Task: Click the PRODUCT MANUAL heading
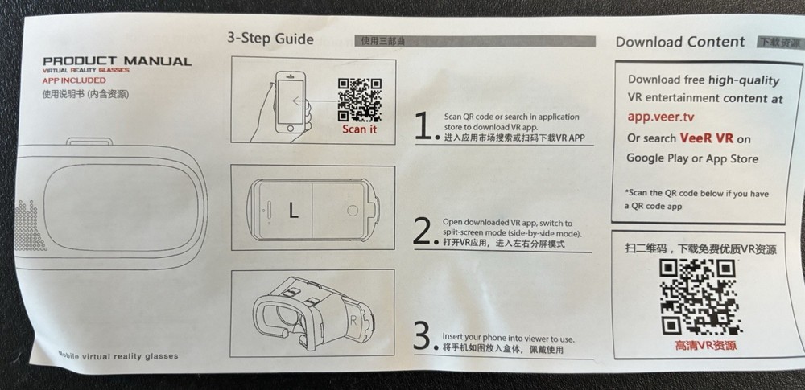click(x=117, y=61)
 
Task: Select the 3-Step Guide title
click(x=270, y=39)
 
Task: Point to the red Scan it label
click(x=359, y=129)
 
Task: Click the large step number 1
click(x=424, y=126)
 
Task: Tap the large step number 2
click(x=424, y=231)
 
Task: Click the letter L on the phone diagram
click(x=293, y=210)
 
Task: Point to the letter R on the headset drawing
click(x=354, y=318)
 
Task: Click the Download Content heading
click(x=679, y=42)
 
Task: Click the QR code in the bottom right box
click(x=697, y=297)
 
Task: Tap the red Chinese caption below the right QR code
click(x=697, y=346)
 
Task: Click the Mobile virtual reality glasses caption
click(x=118, y=355)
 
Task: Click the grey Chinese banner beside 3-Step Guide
click(x=475, y=41)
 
